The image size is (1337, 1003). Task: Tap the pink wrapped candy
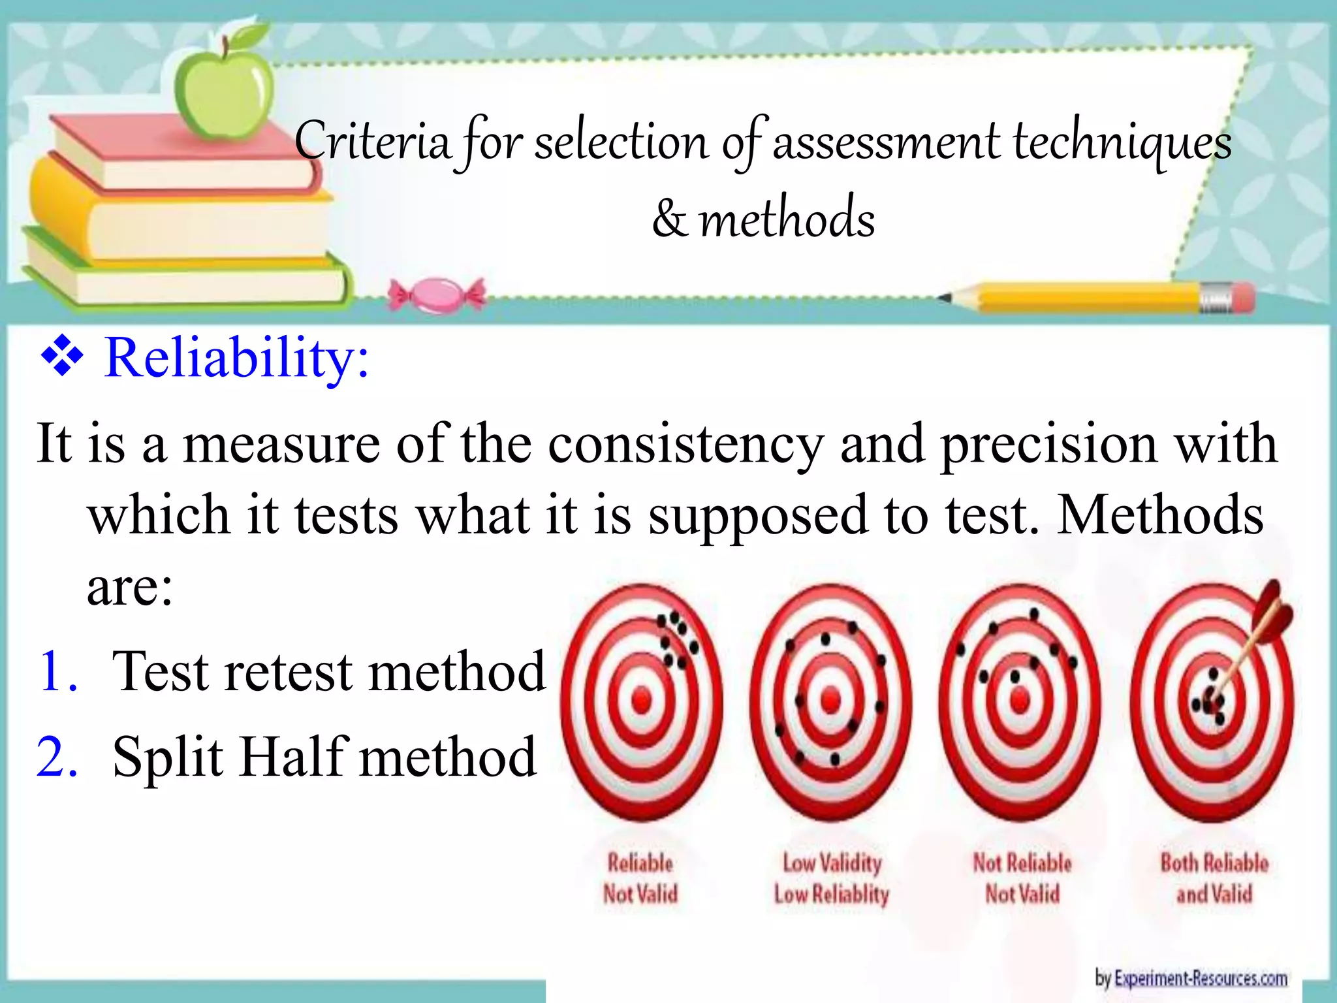(437, 295)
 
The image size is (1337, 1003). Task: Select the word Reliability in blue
(236, 358)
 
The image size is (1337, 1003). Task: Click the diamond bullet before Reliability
(63, 357)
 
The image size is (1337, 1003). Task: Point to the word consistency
(685, 445)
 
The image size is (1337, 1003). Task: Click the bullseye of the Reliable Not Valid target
(642, 701)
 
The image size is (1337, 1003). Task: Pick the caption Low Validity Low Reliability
(832, 878)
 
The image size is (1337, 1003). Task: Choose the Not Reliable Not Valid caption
(1022, 878)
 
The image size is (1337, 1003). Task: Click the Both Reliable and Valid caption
(1214, 878)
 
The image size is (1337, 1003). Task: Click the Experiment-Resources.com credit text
(1191, 978)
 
